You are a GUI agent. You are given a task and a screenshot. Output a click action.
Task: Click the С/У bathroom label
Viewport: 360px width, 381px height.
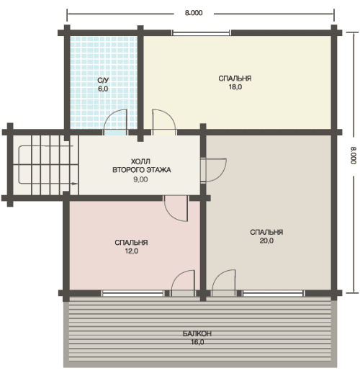(103, 81)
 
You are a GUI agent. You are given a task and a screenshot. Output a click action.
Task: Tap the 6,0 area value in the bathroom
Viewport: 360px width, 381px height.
(103, 89)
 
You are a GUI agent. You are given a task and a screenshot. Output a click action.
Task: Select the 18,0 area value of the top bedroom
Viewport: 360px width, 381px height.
(235, 87)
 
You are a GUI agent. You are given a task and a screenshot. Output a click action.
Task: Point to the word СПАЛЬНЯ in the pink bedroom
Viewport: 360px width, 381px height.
(131, 243)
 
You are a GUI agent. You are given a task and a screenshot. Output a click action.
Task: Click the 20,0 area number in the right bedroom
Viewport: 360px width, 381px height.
(266, 241)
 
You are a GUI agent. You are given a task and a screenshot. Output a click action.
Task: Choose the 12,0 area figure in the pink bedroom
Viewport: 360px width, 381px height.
(132, 251)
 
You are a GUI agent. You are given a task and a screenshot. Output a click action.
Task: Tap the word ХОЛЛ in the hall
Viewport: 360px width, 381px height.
(140, 161)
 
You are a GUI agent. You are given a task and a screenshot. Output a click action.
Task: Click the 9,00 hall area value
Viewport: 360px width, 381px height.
(140, 179)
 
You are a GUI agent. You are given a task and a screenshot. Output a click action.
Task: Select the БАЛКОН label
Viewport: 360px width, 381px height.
(197, 333)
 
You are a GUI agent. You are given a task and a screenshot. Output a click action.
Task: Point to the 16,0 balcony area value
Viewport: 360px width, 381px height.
(197, 342)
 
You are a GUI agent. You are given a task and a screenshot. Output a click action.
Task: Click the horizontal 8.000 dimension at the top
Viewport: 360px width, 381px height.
(194, 13)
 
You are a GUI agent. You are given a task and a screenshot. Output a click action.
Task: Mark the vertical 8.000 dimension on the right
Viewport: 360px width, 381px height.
(354, 156)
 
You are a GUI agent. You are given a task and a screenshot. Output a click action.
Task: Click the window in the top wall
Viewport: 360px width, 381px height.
(201, 33)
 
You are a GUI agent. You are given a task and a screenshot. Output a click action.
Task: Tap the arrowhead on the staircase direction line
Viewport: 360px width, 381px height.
(75, 184)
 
